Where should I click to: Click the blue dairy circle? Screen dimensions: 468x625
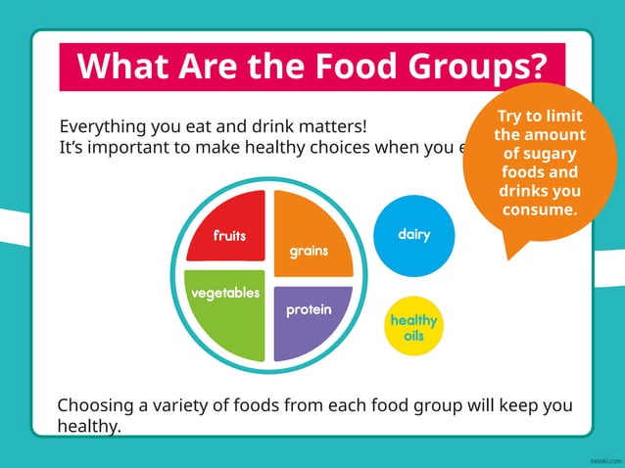click(x=414, y=235)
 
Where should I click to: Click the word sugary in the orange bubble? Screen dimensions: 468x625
click(x=539, y=154)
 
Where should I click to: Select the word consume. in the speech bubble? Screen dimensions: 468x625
click(x=539, y=210)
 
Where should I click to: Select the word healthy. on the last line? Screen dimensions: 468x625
click(x=89, y=427)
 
